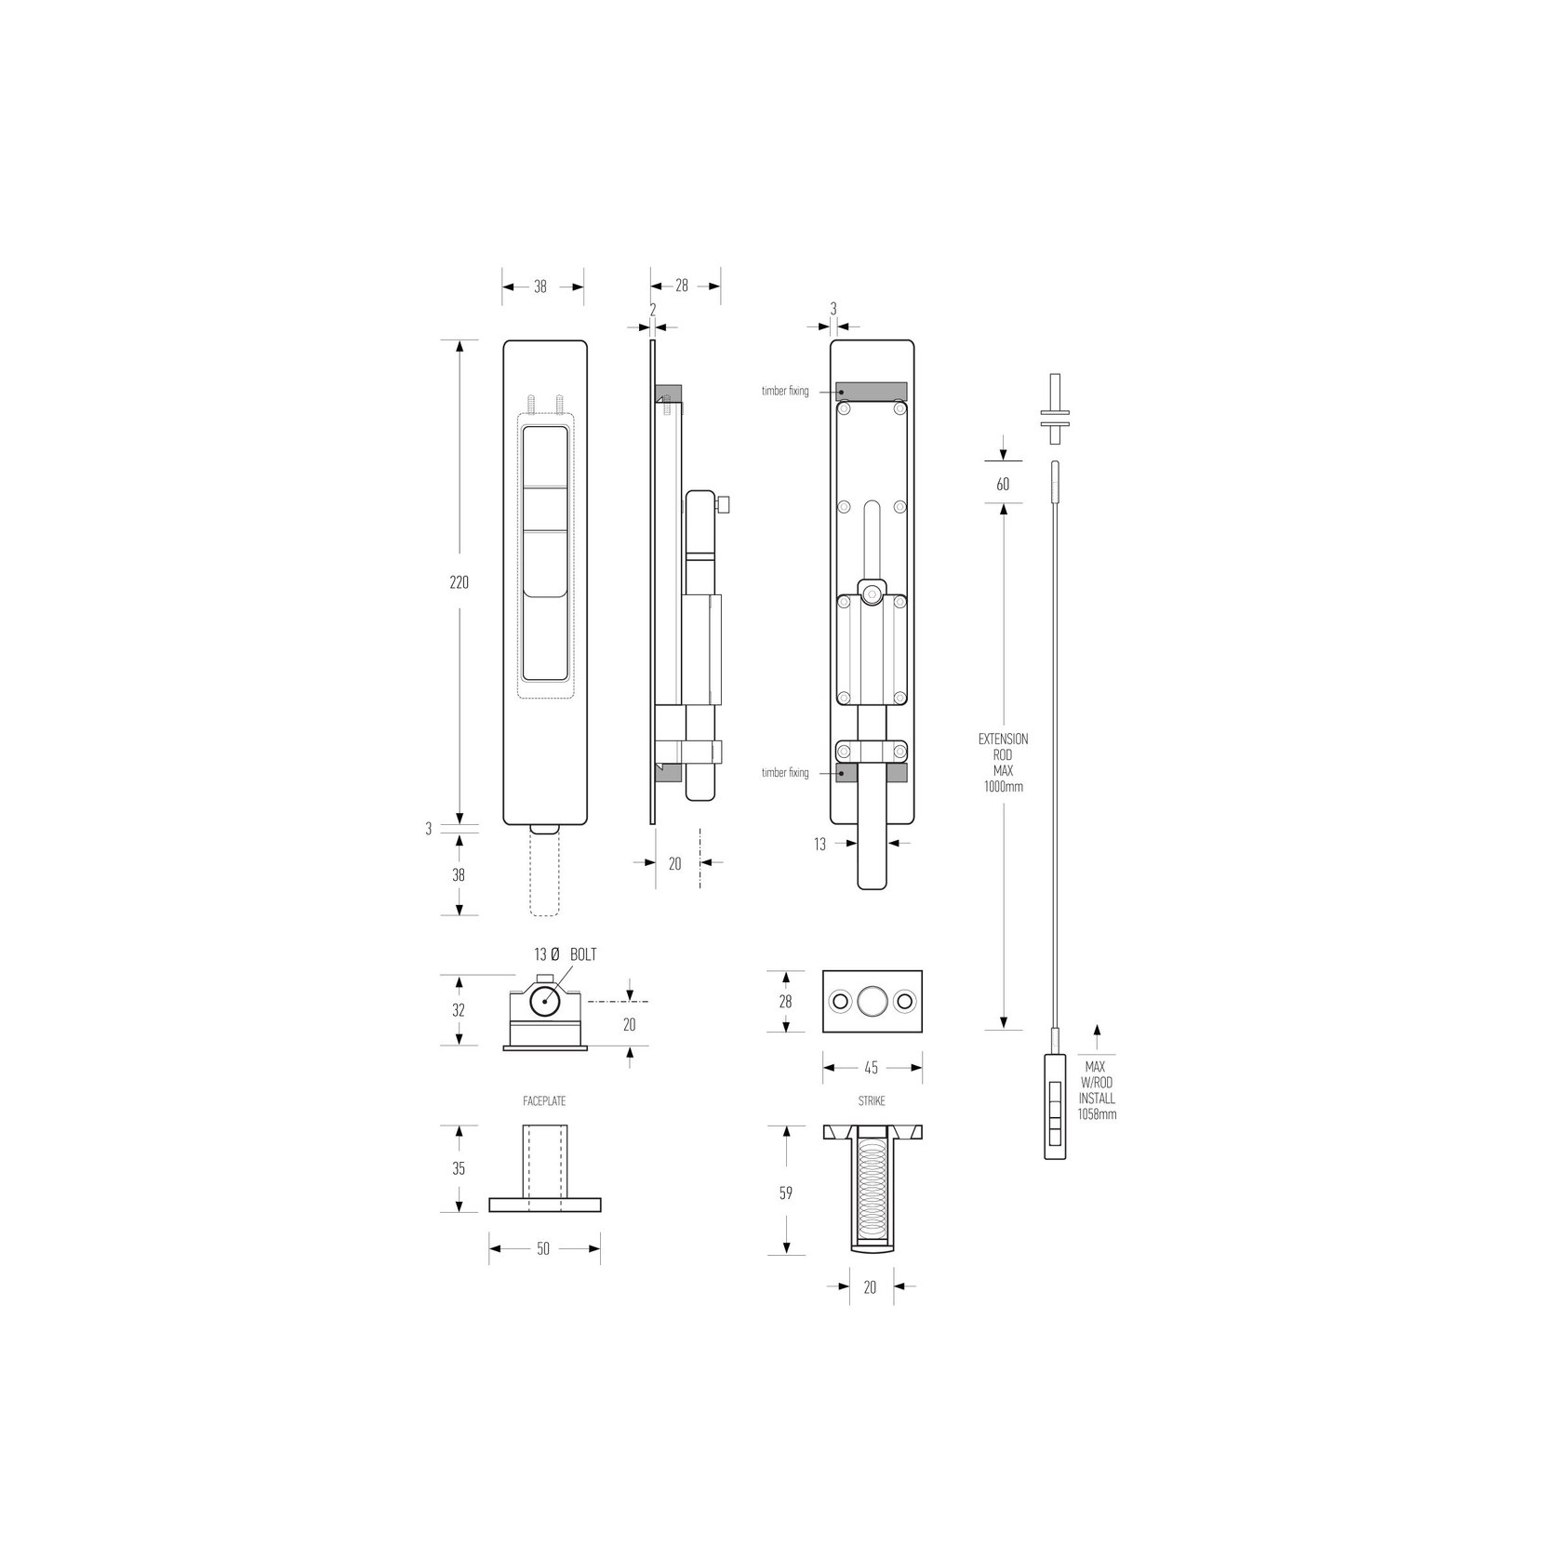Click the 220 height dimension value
459,583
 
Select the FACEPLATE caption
544,1101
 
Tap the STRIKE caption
872,1101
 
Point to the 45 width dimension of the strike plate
872,1068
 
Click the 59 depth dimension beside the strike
786,1193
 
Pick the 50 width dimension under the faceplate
544,1248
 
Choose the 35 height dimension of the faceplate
459,1169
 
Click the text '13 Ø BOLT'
566,955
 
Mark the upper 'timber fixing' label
785,392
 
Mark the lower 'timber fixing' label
785,773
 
